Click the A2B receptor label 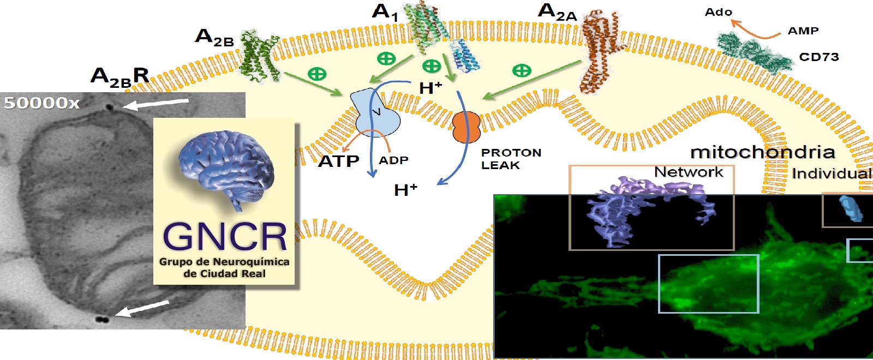pos(214,37)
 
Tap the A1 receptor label pos(385,12)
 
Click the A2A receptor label pos(557,11)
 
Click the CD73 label pos(818,57)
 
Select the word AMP pos(803,31)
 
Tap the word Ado pos(718,12)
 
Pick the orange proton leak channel pos(465,127)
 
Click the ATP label pos(338,161)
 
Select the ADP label pos(393,160)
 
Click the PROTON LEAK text pos(510,159)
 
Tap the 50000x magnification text pos(41,103)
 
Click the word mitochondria pos(762,152)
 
